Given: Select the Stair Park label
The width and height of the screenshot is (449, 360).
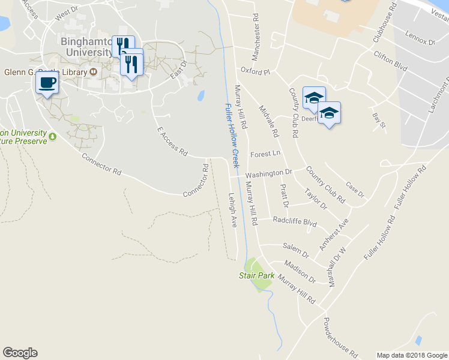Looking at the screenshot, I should click(256, 275).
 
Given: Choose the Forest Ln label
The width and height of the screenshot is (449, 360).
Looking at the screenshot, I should click(266, 154).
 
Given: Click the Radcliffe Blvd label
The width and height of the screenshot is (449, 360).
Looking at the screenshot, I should click(294, 222).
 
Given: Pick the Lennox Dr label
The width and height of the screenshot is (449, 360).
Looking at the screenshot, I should click(420, 38).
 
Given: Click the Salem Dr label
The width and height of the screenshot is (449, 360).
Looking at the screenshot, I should click(297, 251).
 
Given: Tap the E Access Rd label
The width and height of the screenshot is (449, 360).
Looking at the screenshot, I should click(172, 142).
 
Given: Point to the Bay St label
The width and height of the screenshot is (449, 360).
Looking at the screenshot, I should click(378, 120).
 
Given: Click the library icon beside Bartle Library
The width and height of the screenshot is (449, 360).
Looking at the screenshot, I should click(94, 72).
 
